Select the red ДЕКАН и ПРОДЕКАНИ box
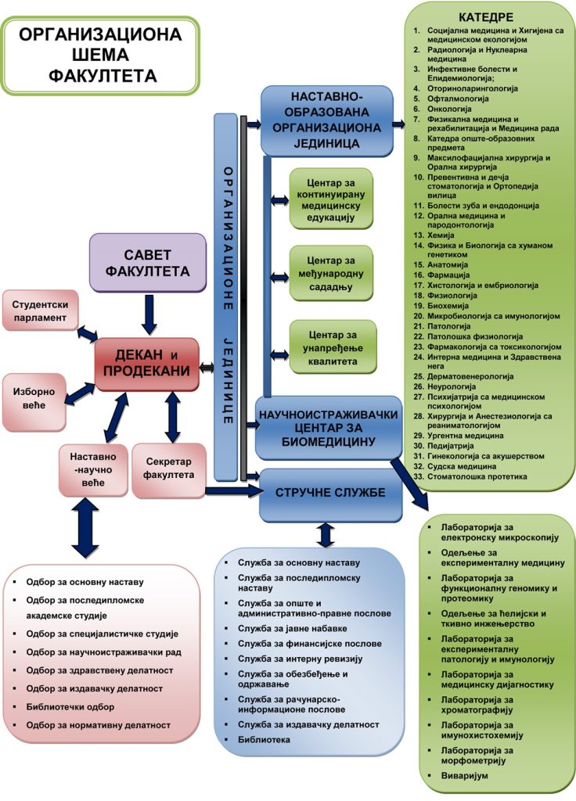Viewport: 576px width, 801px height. pyautogui.click(x=147, y=364)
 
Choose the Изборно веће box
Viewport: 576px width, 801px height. pyautogui.click(x=34, y=400)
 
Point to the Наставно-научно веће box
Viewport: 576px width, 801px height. pyautogui.click(x=93, y=469)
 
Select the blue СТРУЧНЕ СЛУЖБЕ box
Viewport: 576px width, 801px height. pyautogui.click(x=325, y=493)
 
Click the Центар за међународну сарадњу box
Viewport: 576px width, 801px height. pyautogui.click(x=330, y=273)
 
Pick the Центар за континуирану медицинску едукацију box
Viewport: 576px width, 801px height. pyautogui.click(x=330, y=198)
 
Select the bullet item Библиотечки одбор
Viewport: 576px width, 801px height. pyautogui.click(x=70, y=706)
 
